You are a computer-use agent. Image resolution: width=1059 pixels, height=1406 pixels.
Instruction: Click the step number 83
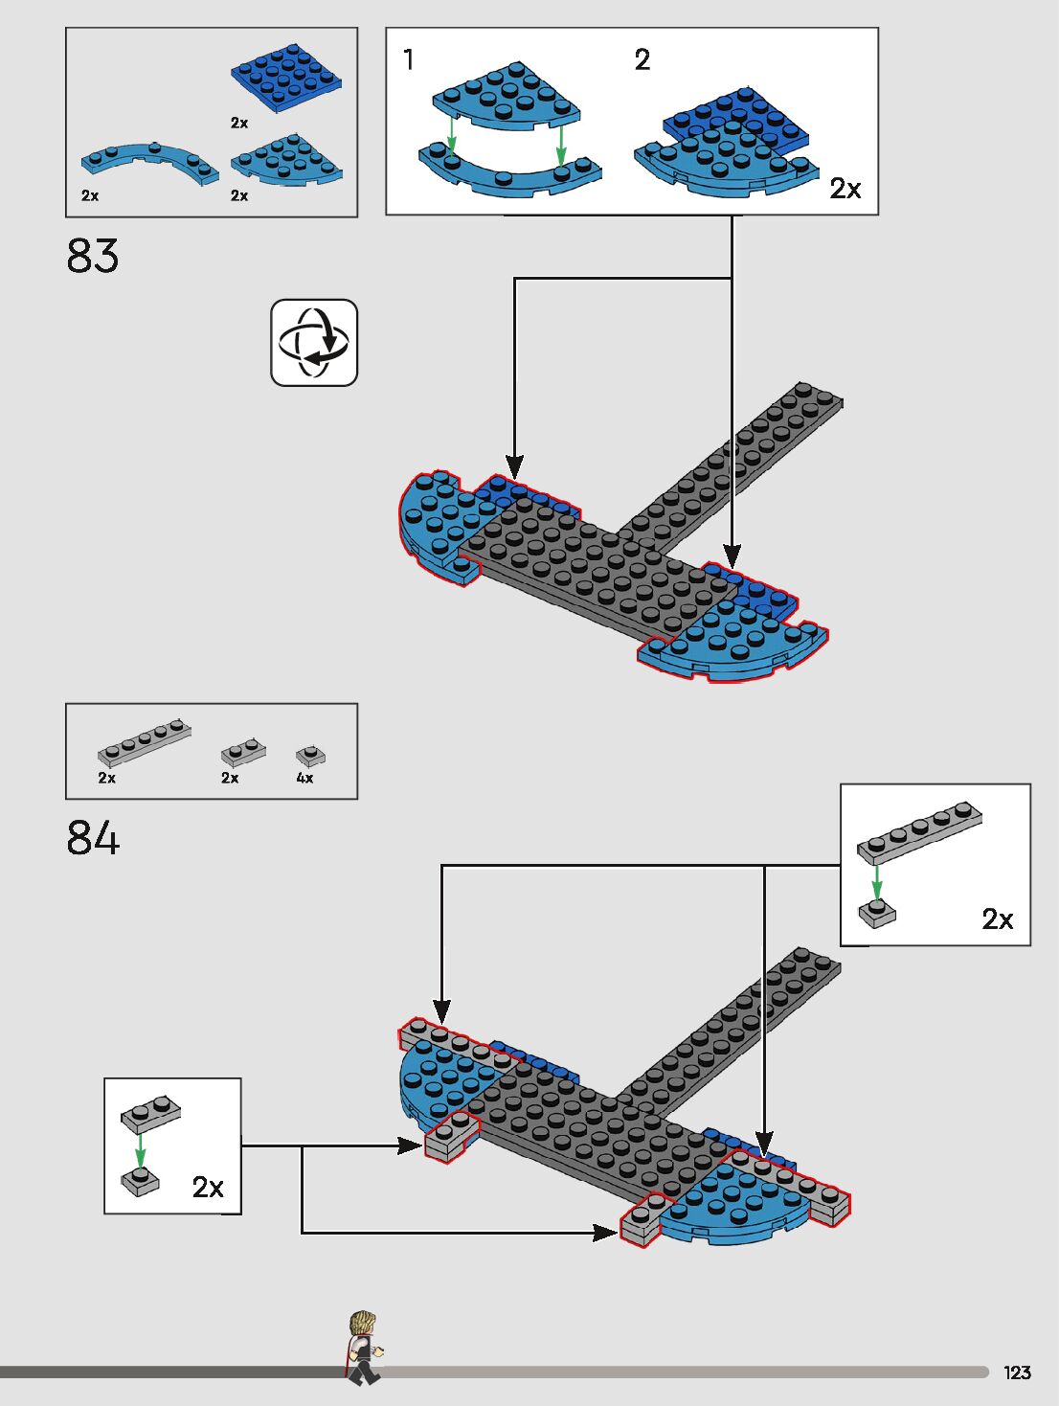tap(93, 256)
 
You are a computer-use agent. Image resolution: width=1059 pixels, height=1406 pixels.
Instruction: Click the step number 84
tap(93, 838)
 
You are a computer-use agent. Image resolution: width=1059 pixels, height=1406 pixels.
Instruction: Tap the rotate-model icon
tap(314, 343)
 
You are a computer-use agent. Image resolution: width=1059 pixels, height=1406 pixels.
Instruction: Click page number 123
tap(1017, 1372)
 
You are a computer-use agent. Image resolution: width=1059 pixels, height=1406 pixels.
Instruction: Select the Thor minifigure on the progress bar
tap(363, 1347)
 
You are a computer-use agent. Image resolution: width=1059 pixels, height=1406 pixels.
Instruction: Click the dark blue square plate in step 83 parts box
tap(286, 77)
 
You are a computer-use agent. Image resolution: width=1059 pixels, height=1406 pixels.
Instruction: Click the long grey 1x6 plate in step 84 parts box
tap(144, 741)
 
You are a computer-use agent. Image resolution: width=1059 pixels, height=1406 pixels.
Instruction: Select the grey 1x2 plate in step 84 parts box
tap(243, 752)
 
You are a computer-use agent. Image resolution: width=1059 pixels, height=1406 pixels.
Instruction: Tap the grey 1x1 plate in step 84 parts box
tap(310, 757)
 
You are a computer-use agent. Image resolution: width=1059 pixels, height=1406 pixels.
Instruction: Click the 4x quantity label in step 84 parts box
tap(304, 778)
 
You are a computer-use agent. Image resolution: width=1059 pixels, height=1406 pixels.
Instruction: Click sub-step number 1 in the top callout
tap(409, 59)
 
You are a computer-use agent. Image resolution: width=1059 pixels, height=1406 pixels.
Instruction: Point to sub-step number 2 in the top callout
tap(642, 59)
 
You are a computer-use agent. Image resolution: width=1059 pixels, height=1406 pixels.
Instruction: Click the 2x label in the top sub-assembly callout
tap(845, 189)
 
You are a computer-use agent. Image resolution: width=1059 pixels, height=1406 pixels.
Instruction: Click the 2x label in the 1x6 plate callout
tap(997, 919)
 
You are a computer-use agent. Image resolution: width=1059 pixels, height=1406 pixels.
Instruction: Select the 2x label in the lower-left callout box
tap(208, 1188)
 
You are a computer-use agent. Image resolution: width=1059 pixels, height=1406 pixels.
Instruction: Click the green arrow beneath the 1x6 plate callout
tap(876, 881)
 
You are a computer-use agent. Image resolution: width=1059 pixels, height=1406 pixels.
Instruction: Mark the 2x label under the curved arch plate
tap(90, 195)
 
